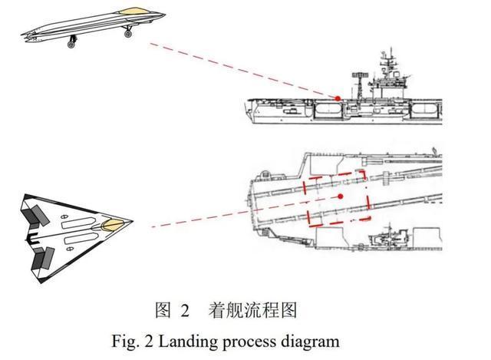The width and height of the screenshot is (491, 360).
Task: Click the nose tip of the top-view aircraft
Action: pyautogui.click(x=132, y=223)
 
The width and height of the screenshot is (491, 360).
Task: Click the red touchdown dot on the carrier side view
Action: pyautogui.click(x=338, y=97)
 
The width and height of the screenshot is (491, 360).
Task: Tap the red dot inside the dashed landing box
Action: pyautogui.click(x=338, y=197)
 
